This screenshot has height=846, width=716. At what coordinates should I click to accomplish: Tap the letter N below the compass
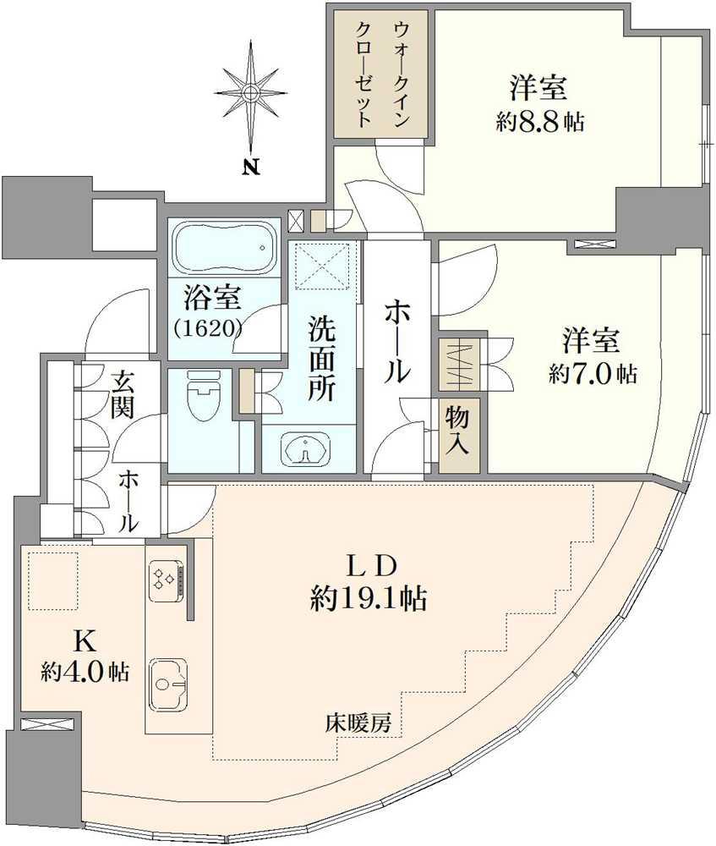(251, 167)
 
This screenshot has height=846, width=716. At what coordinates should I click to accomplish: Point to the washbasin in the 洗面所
(308, 450)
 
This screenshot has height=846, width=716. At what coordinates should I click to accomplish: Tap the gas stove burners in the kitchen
(164, 579)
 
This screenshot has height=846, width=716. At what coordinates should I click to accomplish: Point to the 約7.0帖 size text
(592, 374)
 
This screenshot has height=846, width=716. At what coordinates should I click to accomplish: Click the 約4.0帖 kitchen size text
(85, 673)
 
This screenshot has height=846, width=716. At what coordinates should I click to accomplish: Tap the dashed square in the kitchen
(53, 580)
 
